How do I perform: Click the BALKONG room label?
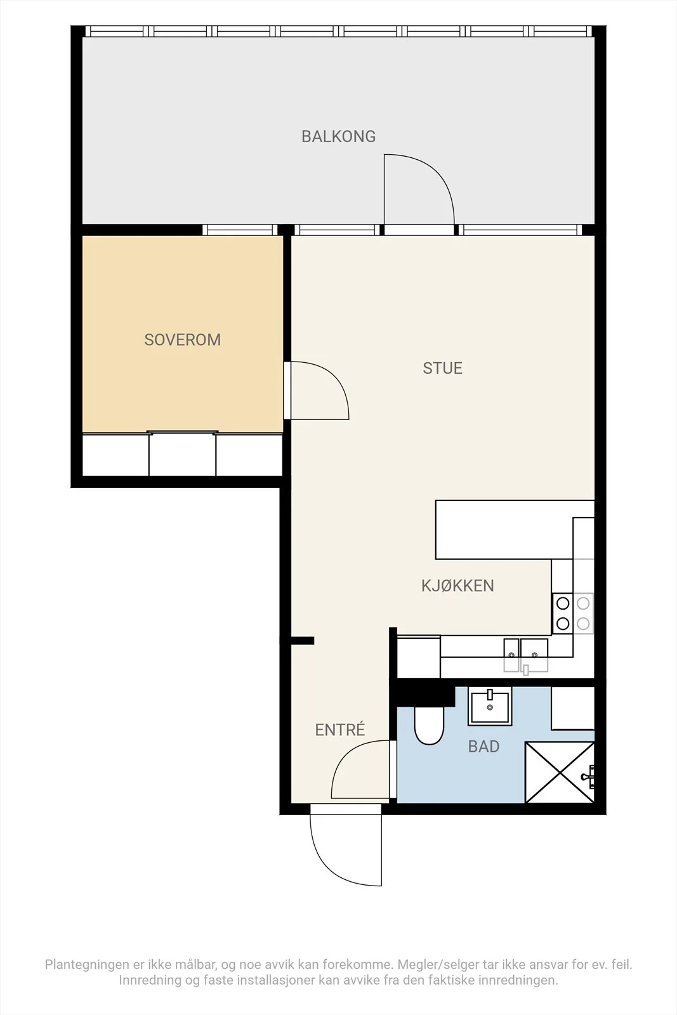coord(339,136)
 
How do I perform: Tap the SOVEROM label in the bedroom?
coord(183,340)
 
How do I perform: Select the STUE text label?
coord(443,368)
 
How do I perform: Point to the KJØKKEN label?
coord(457,586)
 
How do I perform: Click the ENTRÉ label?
coord(340,729)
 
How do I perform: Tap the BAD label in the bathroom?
coord(484,746)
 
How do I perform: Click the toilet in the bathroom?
coord(429,725)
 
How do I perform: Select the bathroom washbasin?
coord(490,705)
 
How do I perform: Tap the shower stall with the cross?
coord(560,772)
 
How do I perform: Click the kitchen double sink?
coord(525,655)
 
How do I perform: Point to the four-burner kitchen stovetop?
coord(573,613)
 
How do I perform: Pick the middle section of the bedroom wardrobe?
coord(182,454)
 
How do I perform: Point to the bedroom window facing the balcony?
coord(240,230)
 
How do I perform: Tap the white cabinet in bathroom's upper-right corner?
coord(573,708)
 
